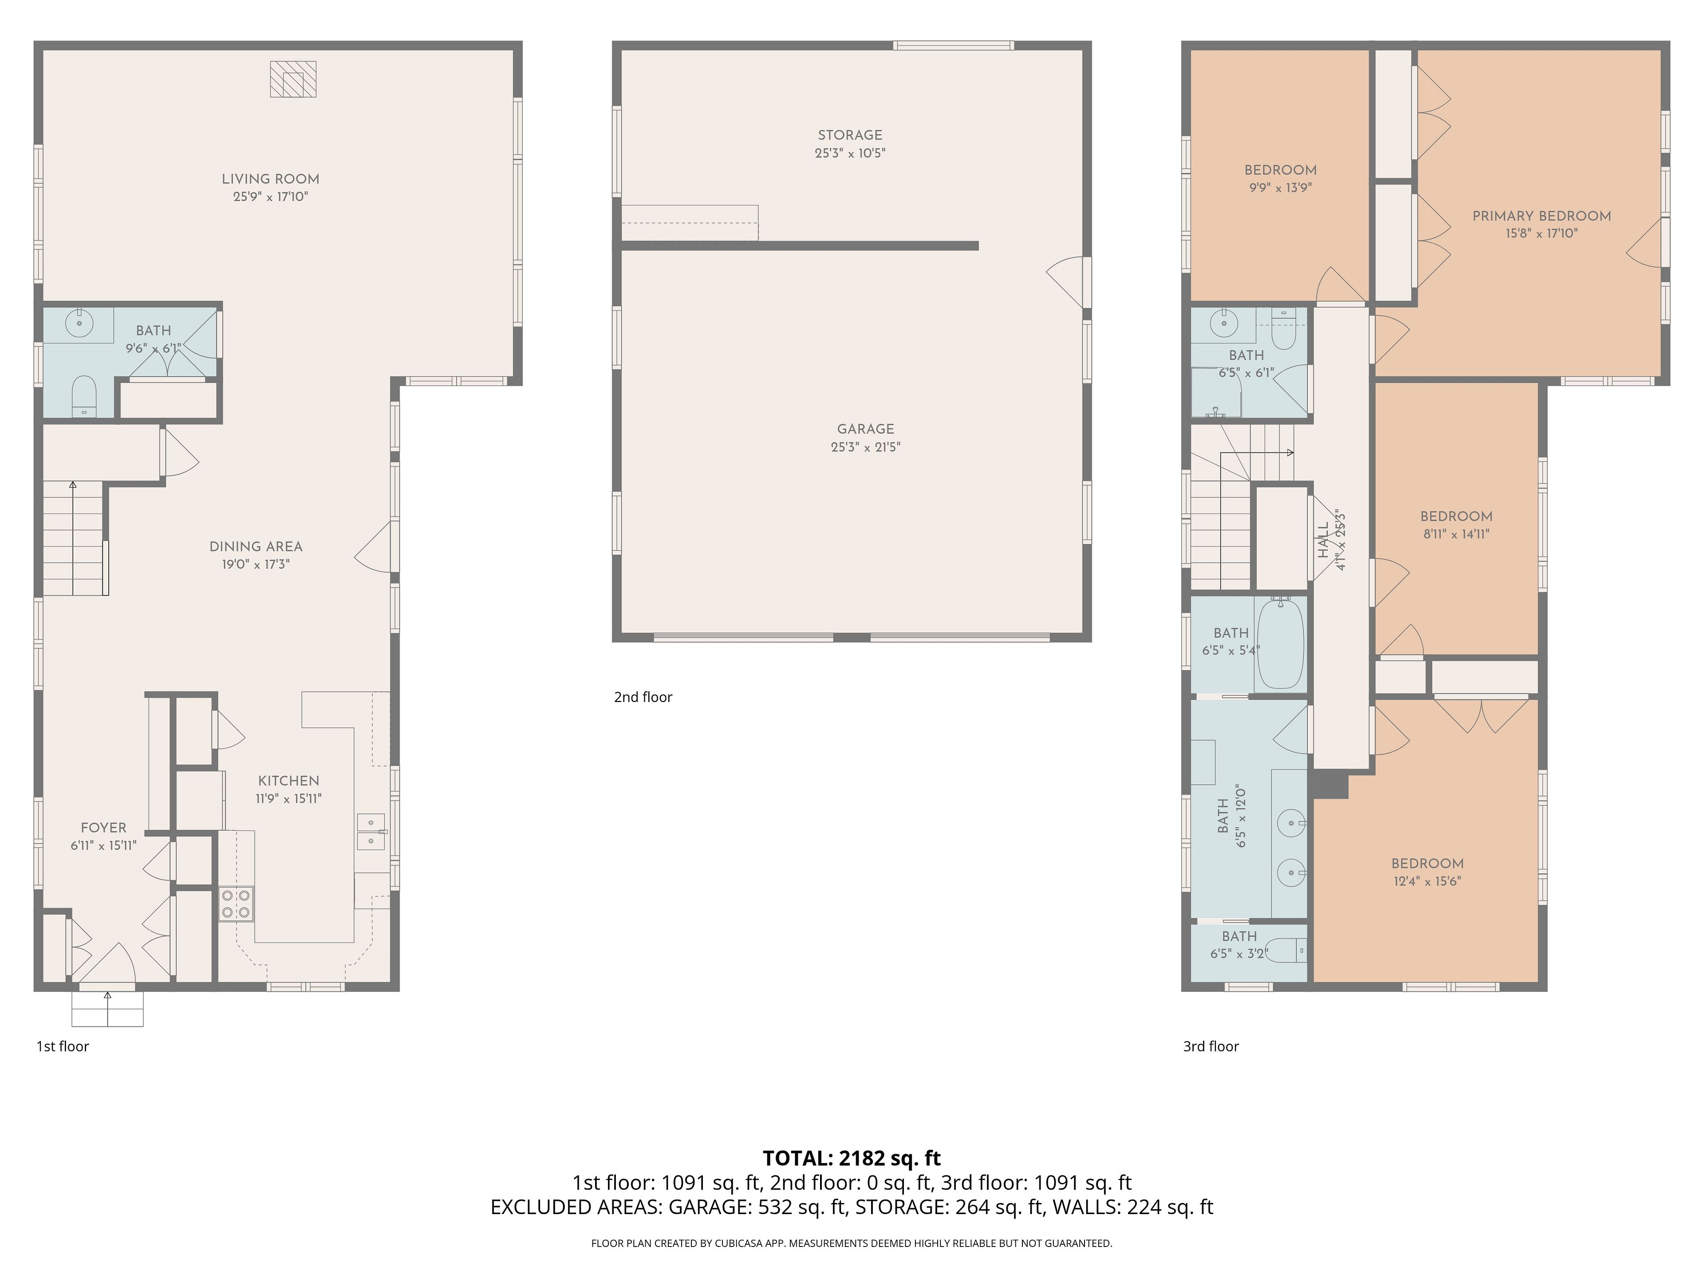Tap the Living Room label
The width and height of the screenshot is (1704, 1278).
(x=270, y=179)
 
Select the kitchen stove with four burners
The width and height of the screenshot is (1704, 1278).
(x=237, y=903)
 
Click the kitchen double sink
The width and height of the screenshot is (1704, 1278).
(x=371, y=832)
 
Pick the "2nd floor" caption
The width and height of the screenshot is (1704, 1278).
(x=643, y=697)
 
